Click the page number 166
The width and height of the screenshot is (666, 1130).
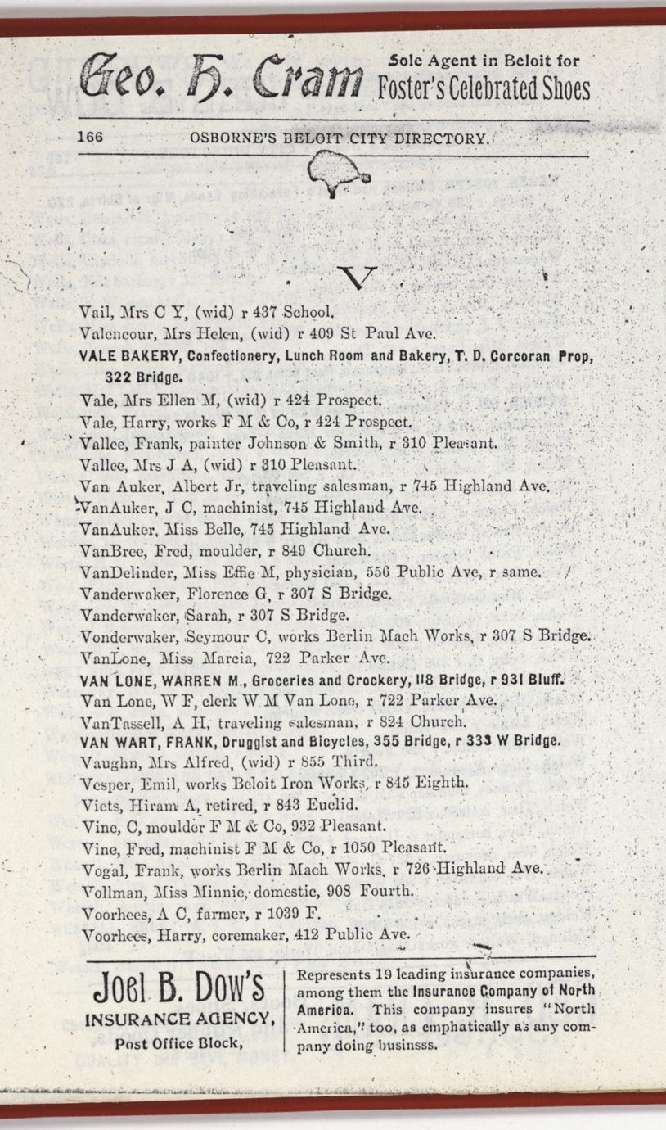tap(90, 138)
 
